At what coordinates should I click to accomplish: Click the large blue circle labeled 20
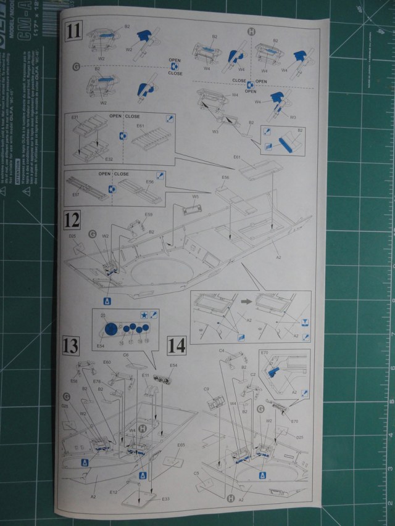[x=110, y=329]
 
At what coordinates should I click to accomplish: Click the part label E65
[x=181, y=445]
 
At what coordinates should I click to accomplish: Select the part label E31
[x=74, y=117]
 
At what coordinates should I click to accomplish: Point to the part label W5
[x=194, y=197]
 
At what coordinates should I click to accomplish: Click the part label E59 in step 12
[x=148, y=215]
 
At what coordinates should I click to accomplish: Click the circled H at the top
[x=251, y=31]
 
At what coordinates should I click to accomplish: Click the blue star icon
[x=144, y=314]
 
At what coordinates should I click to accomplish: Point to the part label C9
[x=207, y=389]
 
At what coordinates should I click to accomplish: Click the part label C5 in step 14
[x=196, y=474]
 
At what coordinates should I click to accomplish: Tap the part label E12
[x=114, y=492]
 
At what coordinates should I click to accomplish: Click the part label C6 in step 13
[x=126, y=356]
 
